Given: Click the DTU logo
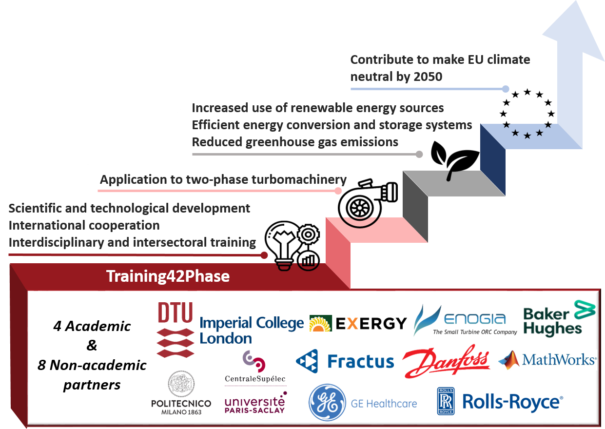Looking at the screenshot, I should (x=175, y=329).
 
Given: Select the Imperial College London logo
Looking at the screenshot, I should (x=252, y=330).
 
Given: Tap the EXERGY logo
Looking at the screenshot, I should (x=358, y=323).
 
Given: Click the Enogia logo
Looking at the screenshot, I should (x=465, y=320).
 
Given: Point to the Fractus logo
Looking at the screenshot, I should (x=345, y=361).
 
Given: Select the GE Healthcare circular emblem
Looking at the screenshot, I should (x=327, y=403).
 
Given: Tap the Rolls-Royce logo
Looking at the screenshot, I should (x=500, y=402).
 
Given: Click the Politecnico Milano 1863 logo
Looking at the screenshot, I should (x=181, y=393).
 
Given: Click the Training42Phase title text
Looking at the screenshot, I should (x=168, y=276).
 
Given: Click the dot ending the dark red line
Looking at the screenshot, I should (x=264, y=255).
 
